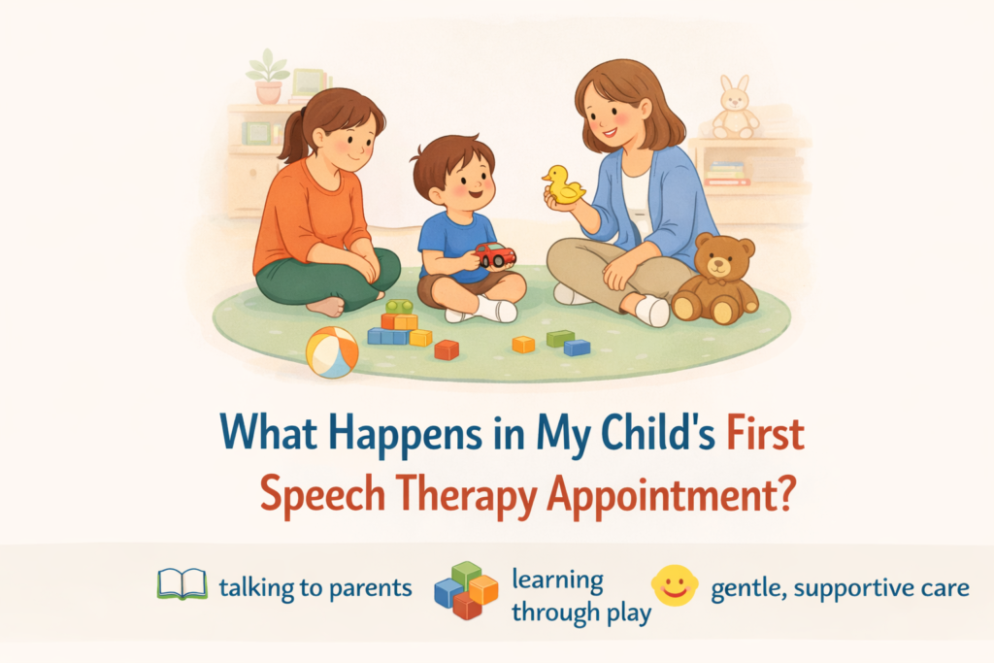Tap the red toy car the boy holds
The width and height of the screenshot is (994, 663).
[x=494, y=255]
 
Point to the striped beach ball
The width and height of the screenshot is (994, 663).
[x=332, y=351]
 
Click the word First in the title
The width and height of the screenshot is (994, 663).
[x=766, y=434]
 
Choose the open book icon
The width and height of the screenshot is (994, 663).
[x=182, y=584]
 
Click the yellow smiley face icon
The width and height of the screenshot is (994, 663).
[x=675, y=584]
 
